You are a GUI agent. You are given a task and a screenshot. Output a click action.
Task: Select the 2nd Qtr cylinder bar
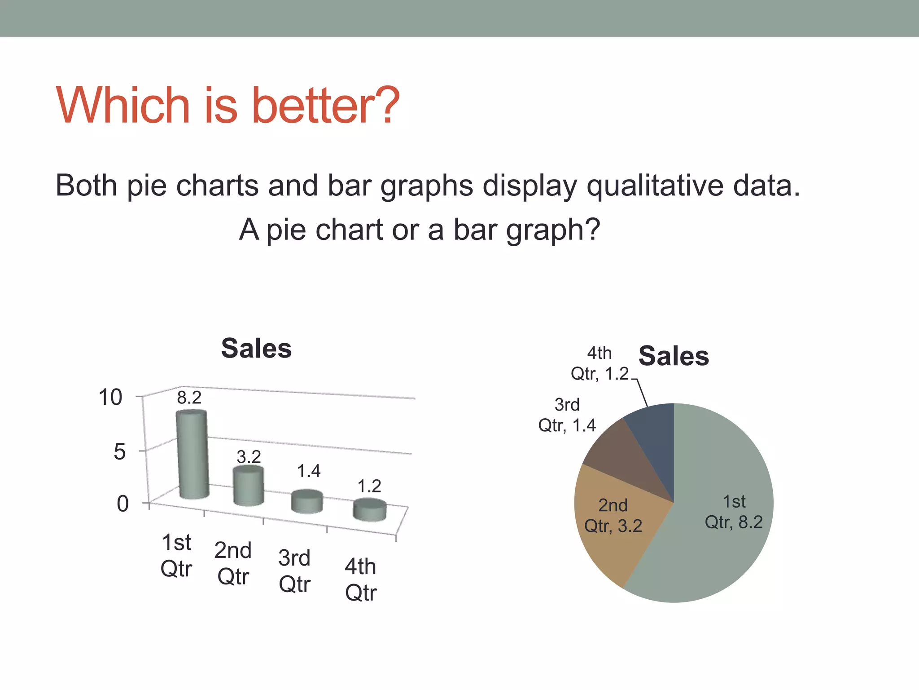[x=248, y=486]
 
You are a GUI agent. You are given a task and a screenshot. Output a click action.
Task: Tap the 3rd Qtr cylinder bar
[x=307, y=502]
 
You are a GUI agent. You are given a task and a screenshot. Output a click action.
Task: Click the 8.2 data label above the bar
[x=189, y=398]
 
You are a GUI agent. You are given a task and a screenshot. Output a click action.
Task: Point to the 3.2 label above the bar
[x=249, y=457]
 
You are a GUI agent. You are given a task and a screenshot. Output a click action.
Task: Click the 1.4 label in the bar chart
[x=309, y=471]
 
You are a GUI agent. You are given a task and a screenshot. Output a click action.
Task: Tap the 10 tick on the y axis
[x=110, y=398]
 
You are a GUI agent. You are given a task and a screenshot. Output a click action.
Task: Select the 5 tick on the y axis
[x=119, y=451]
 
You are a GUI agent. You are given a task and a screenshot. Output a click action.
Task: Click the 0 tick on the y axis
[x=123, y=504]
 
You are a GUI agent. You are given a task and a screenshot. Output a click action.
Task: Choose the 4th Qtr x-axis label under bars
[x=361, y=579]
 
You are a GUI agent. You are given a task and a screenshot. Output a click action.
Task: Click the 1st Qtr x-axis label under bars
[x=176, y=556]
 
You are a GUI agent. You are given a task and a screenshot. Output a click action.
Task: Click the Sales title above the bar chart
[x=256, y=349]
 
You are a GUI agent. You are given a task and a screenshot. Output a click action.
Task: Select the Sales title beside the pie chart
[x=674, y=356]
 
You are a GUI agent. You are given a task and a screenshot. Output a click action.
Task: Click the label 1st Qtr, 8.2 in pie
[x=734, y=512]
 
